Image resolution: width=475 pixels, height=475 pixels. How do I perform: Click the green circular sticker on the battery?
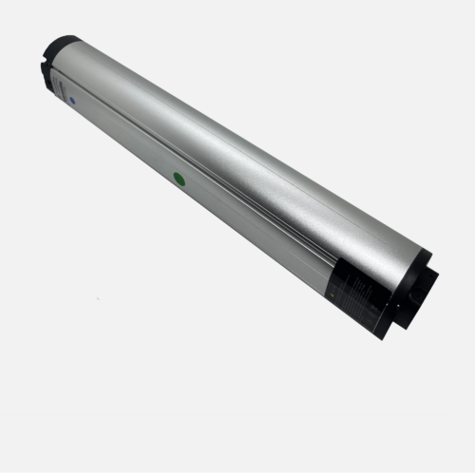(178, 176)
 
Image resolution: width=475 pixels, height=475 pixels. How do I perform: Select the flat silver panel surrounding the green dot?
(190, 190)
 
